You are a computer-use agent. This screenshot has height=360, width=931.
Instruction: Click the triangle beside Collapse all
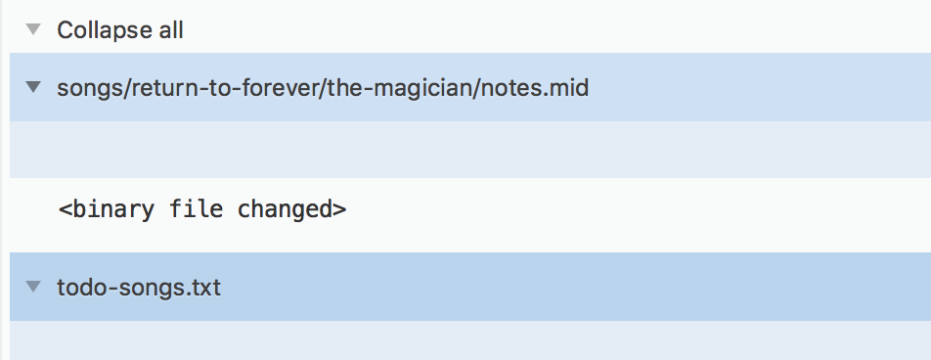33,29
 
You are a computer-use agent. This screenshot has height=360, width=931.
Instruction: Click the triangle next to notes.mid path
33,88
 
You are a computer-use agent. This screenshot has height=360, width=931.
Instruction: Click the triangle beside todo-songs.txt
33,287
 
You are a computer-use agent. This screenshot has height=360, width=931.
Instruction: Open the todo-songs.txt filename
139,287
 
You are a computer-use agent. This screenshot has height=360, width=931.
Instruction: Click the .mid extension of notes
568,88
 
